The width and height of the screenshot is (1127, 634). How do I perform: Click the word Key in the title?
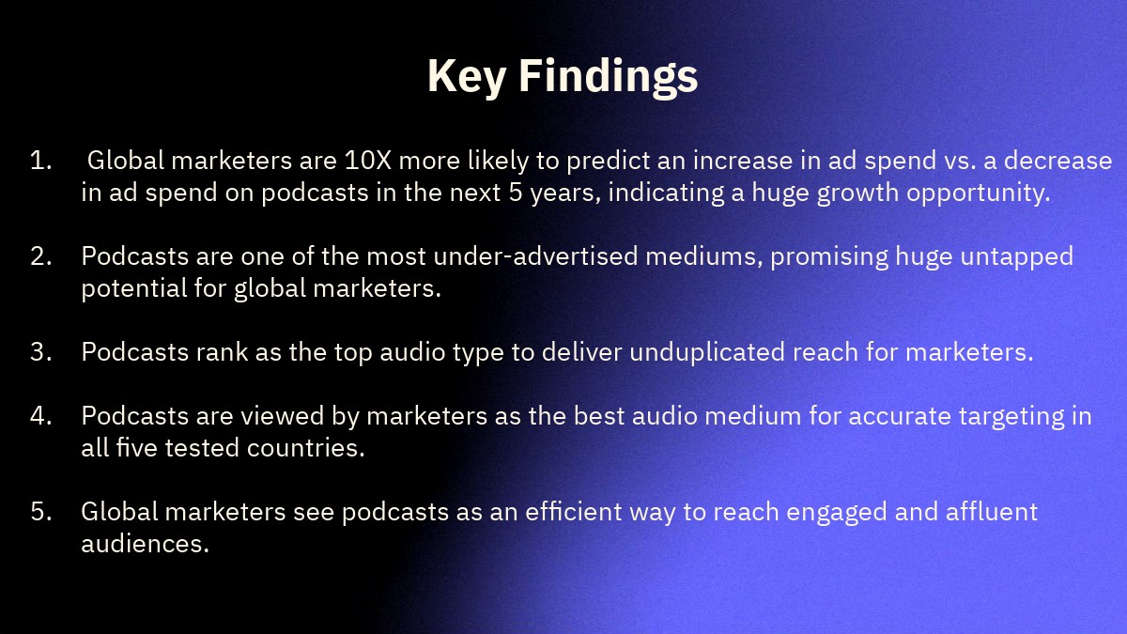(467, 76)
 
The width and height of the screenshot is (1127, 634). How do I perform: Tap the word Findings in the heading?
(609, 76)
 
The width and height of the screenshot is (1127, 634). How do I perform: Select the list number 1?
(40, 161)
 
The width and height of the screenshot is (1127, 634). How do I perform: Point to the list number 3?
(40, 351)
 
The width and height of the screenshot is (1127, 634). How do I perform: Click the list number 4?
(40, 416)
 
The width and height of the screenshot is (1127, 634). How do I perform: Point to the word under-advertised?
(535, 256)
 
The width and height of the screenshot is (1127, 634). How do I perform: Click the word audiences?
(145, 544)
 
